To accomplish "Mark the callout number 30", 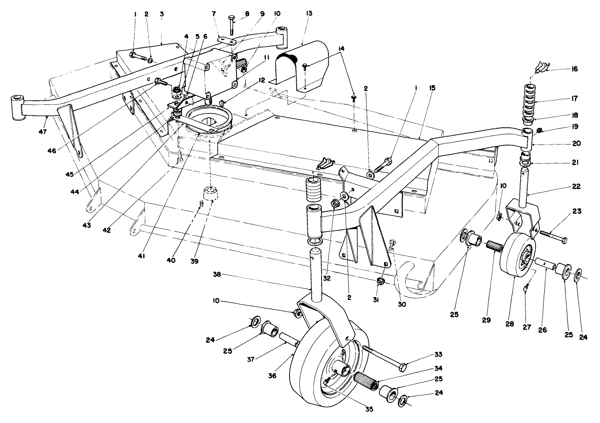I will click(x=402, y=304).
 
